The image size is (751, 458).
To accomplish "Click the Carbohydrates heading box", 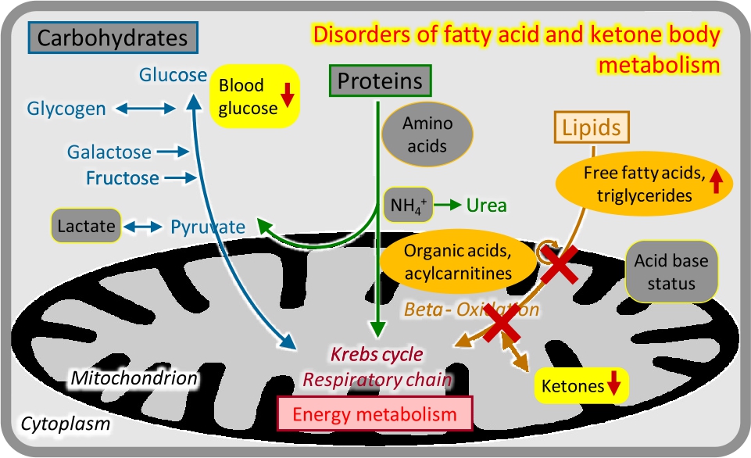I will click(x=113, y=37).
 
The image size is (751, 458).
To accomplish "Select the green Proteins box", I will click(x=380, y=81).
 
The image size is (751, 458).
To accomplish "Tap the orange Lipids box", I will click(x=591, y=127).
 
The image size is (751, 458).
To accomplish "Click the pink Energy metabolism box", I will click(x=376, y=413).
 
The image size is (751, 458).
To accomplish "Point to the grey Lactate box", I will click(x=86, y=227).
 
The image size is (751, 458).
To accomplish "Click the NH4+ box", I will click(x=406, y=206).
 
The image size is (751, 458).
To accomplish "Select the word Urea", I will click(x=486, y=206).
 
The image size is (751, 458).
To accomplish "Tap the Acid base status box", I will click(x=671, y=271).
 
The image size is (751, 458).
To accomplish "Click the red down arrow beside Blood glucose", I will click(x=287, y=94).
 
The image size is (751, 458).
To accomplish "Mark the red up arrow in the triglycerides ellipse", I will click(x=717, y=183).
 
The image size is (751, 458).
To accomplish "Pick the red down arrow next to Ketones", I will click(x=613, y=384).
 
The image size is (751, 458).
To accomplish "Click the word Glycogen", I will click(x=66, y=109).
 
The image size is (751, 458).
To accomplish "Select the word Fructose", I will click(x=123, y=178).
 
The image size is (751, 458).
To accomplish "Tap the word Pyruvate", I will click(x=208, y=227).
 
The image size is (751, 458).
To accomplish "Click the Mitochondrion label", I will click(x=134, y=378).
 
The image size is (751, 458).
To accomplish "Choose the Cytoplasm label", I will click(x=65, y=424).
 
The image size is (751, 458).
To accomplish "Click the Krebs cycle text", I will click(x=377, y=354).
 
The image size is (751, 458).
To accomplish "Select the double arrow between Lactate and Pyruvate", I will click(x=141, y=227).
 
